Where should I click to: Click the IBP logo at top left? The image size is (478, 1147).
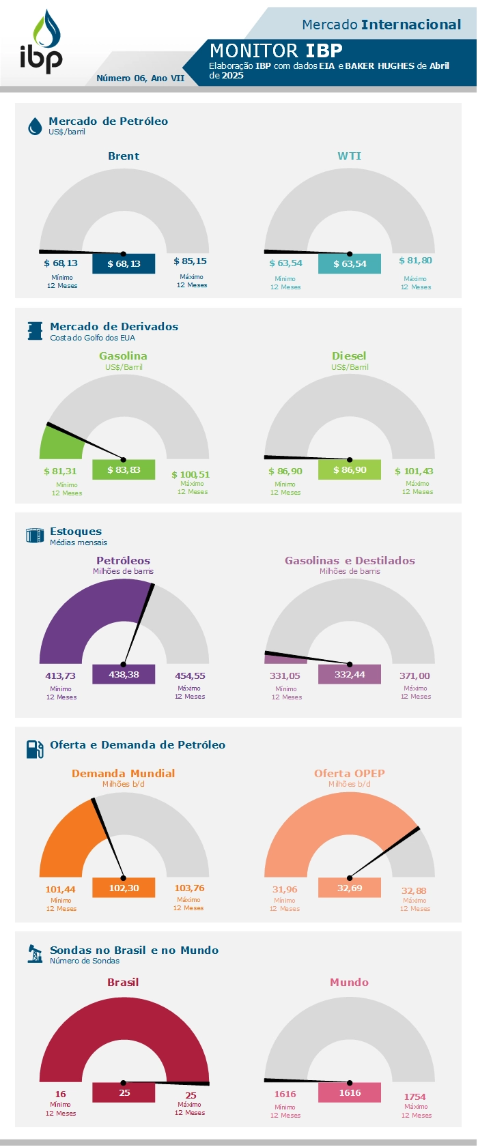(x=41, y=42)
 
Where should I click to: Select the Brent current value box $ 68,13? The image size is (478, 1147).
(x=124, y=263)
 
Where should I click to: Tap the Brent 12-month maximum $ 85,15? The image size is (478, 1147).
(x=190, y=261)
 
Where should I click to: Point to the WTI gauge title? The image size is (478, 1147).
(x=349, y=156)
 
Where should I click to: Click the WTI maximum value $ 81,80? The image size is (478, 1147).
(x=415, y=261)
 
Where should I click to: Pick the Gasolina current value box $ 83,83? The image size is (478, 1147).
(x=124, y=469)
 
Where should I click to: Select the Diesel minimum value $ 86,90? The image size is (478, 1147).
(x=285, y=471)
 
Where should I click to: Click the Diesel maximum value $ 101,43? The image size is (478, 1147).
(x=414, y=471)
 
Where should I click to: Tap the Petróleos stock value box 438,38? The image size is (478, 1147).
(x=124, y=674)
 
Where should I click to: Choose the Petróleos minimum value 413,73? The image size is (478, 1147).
(x=60, y=676)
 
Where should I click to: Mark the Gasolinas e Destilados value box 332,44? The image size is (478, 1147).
(x=350, y=674)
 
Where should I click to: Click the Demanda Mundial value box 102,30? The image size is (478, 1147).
(x=124, y=888)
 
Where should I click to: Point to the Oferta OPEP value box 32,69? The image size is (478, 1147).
(x=350, y=888)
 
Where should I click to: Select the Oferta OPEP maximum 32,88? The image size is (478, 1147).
(x=414, y=890)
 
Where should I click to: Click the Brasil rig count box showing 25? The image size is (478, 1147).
(x=124, y=1092)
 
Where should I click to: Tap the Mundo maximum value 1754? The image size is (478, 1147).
(x=414, y=1097)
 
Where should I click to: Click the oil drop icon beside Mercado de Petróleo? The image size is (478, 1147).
(x=35, y=126)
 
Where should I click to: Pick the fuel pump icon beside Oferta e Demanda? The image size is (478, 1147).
(x=35, y=749)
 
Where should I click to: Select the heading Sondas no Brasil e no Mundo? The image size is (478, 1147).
(x=134, y=950)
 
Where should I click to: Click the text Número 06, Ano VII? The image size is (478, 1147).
(x=140, y=78)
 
